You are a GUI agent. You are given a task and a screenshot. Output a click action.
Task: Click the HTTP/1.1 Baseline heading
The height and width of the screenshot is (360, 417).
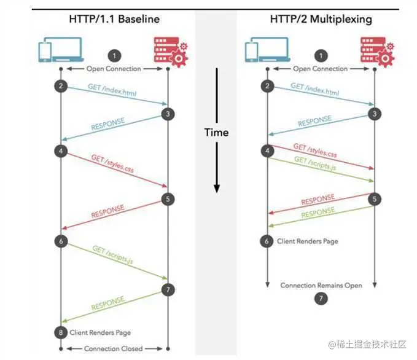[114, 18]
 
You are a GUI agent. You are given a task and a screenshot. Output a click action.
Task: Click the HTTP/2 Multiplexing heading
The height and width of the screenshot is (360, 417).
[321, 18]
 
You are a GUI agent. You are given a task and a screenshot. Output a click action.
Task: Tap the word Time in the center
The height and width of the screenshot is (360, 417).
[216, 132]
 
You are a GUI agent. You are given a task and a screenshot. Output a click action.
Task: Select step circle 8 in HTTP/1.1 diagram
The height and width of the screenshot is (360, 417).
[61, 332]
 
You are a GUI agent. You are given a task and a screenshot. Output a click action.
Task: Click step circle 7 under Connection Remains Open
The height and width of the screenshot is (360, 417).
[321, 299]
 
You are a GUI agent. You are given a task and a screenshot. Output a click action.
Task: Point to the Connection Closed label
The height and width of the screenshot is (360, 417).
[114, 348]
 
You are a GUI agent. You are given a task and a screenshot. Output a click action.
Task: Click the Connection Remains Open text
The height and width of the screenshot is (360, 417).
[321, 285]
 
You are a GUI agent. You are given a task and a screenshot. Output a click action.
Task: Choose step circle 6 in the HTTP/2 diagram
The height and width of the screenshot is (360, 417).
[267, 241]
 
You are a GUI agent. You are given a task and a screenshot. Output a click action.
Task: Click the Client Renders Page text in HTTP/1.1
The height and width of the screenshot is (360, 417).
[99, 332]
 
